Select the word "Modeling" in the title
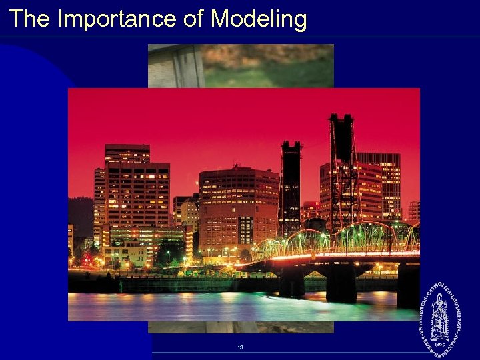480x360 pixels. pyautogui.click(x=259, y=19)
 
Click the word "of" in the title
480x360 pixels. pyautogui.click(x=193, y=19)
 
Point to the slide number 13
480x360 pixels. pyautogui.click(x=240, y=347)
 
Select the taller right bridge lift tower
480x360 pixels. pyautogui.click(x=341, y=173)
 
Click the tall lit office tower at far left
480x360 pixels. pyautogui.click(x=137, y=193)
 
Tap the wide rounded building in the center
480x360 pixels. pyautogui.click(x=239, y=207)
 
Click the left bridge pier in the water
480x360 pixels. pyautogui.click(x=291, y=283)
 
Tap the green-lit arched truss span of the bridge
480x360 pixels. pyautogui.click(x=360, y=237)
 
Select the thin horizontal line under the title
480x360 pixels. pyautogui.click(x=240, y=37)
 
